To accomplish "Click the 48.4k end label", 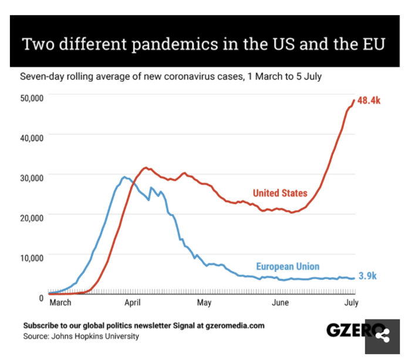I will click(x=369, y=100).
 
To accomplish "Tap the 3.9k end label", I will click(x=368, y=276).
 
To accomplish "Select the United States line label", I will click(x=279, y=193).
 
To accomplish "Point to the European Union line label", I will click(x=288, y=267).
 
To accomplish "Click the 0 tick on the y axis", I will click(x=41, y=297).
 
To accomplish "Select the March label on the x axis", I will click(x=60, y=302).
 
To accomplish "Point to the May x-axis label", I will click(x=204, y=302).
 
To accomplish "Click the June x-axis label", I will click(x=280, y=302).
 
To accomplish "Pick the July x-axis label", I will click(x=351, y=302).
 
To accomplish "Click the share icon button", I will click(x=383, y=337).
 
